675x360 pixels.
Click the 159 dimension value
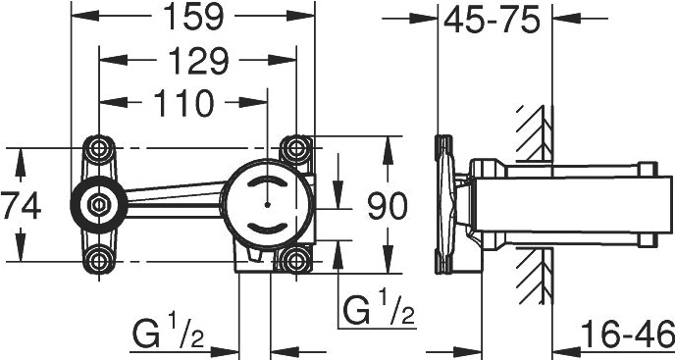pos(193,17)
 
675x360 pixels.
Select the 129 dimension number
pos(197,61)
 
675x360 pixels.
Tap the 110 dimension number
pos(183,103)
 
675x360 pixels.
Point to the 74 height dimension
pos(21,206)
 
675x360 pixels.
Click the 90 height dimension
pos(387,206)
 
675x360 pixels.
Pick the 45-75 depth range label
pos(492,20)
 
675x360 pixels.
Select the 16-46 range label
pos(628,334)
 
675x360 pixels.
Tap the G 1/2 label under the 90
pos(379,309)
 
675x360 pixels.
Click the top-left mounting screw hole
pos(99,148)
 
